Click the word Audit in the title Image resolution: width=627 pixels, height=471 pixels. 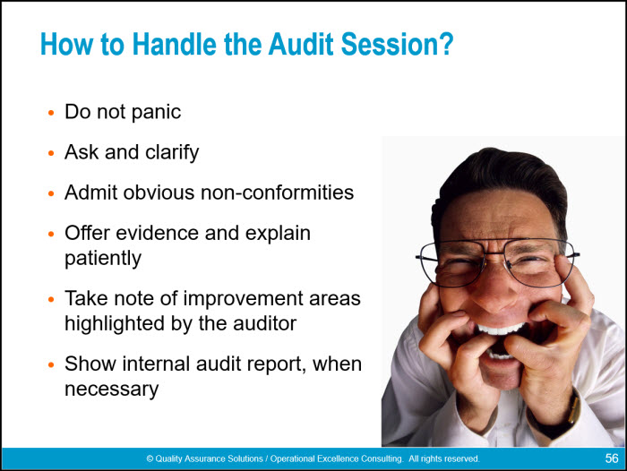pyautogui.click(x=301, y=44)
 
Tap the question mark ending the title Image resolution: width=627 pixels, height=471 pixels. pyautogui.click(x=447, y=44)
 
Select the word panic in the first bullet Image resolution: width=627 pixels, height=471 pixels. pyautogui.click(x=156, y=112)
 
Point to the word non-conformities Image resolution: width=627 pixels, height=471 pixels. pyautogui.click(x=277, y=193)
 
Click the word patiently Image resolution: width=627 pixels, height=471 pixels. pyautogui.click(x=103, y=259)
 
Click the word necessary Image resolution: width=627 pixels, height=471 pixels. pyautogui.click(x=112, y=390)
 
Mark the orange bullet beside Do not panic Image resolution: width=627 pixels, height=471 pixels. pyautogui.click(x=51, y=113)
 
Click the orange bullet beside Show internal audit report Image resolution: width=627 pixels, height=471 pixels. pyautogui.click(x=51, y=364)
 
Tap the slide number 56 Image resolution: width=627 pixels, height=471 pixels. pyautogui.click(x=612, y=458)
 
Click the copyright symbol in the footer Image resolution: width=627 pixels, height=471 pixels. pyautogui.click(x=150, y=458)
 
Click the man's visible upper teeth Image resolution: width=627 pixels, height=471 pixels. pyautogui.click(x=500, y=330)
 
